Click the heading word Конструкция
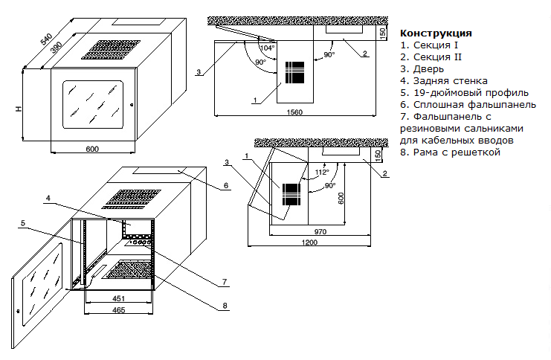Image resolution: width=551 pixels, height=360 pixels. click(x=436, y=33)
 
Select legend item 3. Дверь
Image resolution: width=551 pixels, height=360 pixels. click(x=422, y=69)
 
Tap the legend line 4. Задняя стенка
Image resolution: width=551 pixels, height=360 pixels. click(x=443, y=81)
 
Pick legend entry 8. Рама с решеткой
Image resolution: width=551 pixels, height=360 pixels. click(x=450, y=152)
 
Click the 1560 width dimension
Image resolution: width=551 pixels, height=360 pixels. click(x=294, y=112)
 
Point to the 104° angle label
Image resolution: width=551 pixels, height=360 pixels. click(x=268, y=48)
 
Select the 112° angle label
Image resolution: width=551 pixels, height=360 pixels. click(x=322, y=173)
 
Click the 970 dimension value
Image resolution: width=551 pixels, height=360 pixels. click(x=320, y=231)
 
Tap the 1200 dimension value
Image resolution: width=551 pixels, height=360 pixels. click(x=309, y=242)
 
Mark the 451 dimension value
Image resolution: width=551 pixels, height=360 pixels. click(x=118, y=298)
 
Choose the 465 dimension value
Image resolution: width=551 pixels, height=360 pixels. click(x=118, y=310)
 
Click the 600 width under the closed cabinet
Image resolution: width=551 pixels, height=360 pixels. click(x=92, y=149)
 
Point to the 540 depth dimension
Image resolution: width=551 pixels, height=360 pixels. click(x=46, y=39)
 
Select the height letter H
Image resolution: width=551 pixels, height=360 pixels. click(x=19, y=109)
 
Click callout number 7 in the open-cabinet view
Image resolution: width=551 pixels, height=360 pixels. click(x=225, y=282)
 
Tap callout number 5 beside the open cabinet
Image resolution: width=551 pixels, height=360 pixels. click(x=23, y=223)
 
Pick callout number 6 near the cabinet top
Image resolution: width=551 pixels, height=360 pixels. click(x=226, y=185)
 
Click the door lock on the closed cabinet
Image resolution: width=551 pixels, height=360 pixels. click(x=132, y=104)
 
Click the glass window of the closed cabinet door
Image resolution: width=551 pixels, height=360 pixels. click(x=93, y=104)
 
